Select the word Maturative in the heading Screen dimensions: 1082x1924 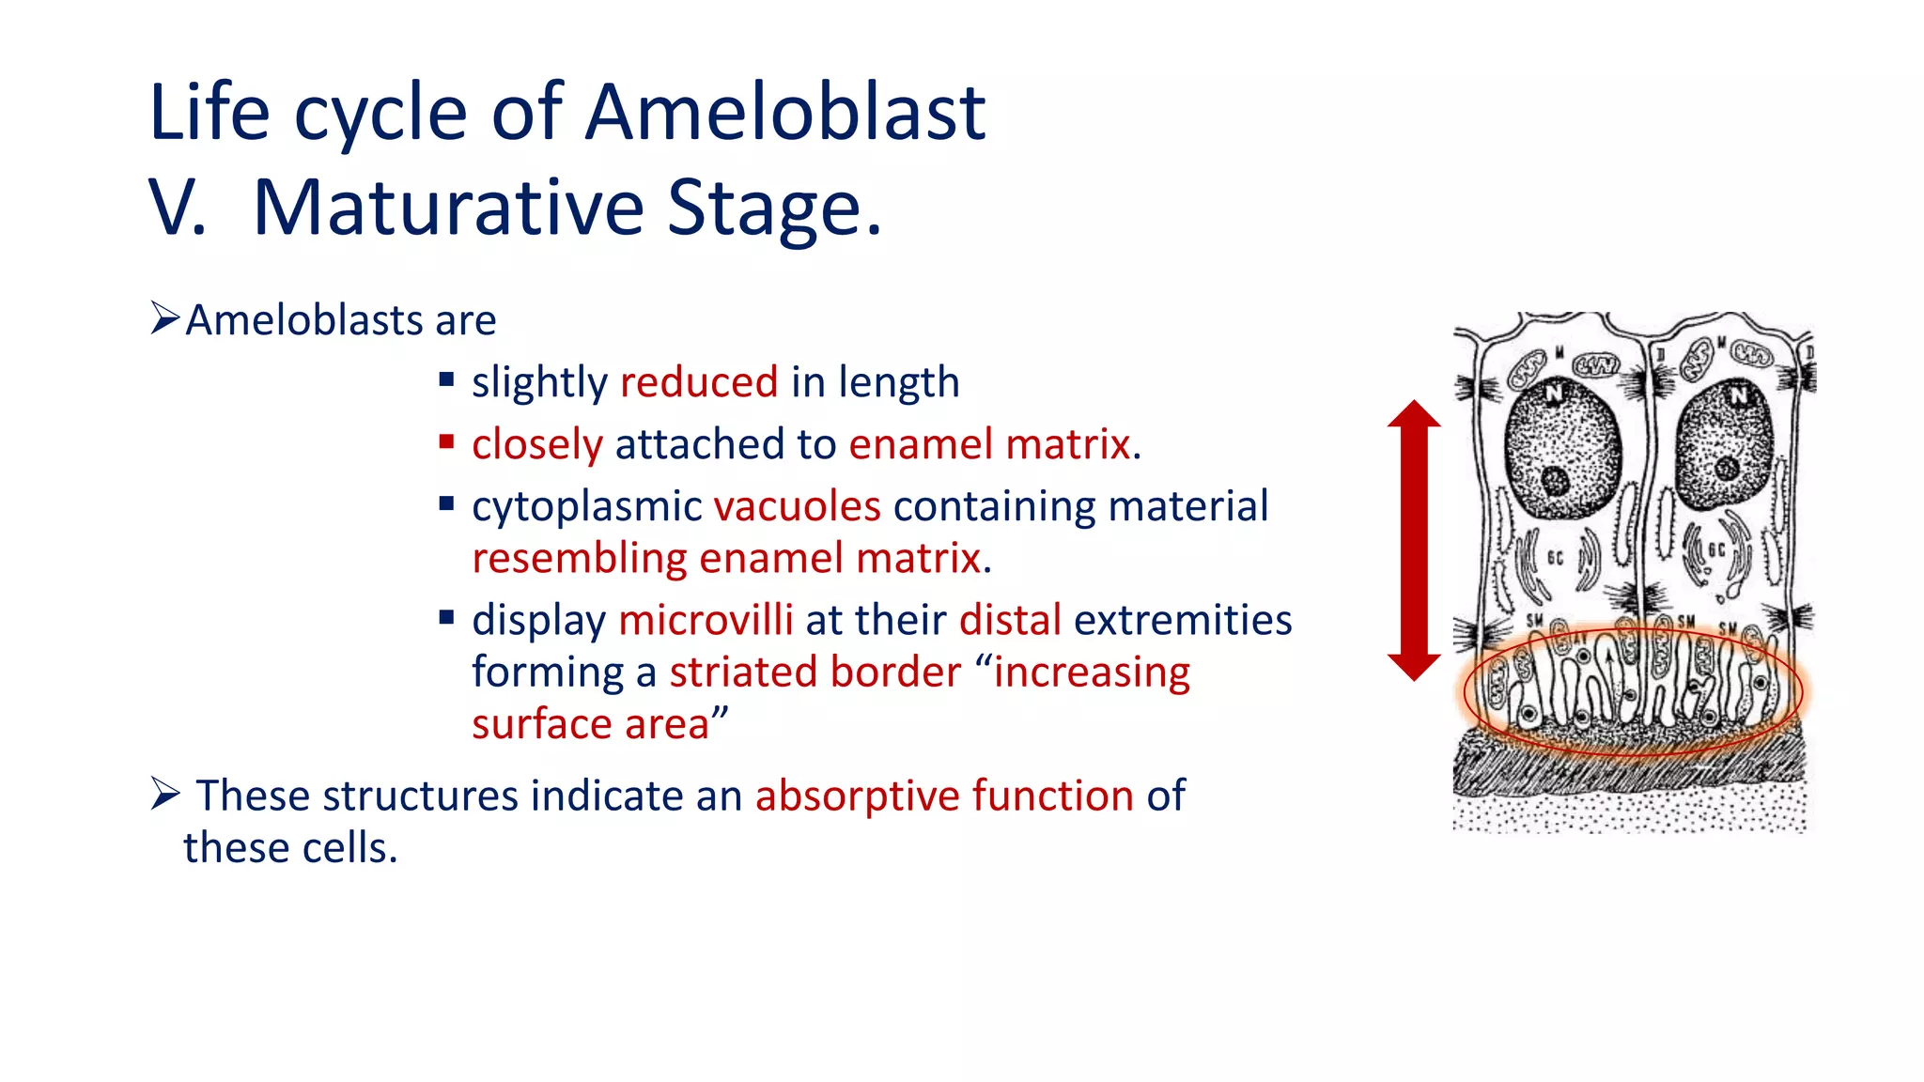click(448, 208)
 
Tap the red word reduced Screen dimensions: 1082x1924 click(699, 382)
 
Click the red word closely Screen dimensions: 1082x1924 click(536, 444)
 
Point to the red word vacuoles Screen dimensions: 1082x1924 click(797, 506)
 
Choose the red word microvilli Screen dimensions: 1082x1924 click(706, 620)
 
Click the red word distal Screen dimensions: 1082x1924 click(1010, 620)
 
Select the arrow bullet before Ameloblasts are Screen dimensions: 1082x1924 click(164, 318)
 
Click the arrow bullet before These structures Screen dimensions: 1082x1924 click(164, 795)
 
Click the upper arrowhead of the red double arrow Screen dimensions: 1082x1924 click(1414, 414)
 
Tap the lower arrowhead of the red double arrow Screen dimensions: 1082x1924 click(1414, 666)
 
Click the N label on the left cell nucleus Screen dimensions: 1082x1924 click(1555, 393)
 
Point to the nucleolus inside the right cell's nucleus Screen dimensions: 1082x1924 click(1727, 468)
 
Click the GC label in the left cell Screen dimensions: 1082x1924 click(1555, 558)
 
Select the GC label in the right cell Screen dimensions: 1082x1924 click(1715, 550)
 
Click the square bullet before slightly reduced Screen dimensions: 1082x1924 click(446, 380)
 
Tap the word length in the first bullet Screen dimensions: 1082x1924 click(899, 382)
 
